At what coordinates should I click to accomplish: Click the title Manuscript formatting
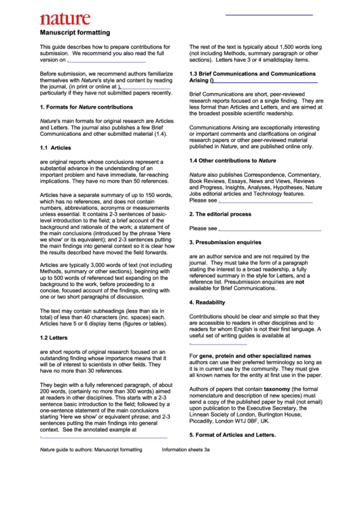click(75, 33)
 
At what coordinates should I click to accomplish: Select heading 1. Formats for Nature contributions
click(86, 107)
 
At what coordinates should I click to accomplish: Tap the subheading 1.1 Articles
click(55, 147)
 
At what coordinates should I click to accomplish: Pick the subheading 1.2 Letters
click(54, 338)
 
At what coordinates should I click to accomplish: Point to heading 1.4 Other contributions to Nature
click(232, 160)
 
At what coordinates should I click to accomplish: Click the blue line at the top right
click(269, 15)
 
